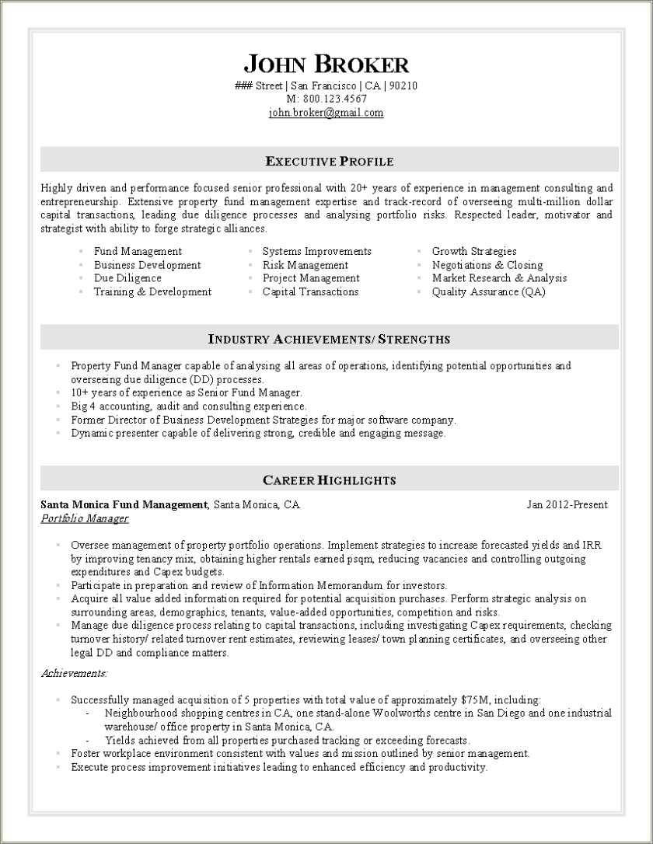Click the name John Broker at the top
click(x=326, y=64)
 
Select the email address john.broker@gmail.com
click(x=326, y=113)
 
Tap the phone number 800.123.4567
click(x=335, y=99)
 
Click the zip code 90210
click(x=403, y=85)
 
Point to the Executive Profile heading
click(x=330, y=162)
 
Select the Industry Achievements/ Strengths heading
click(x=329, y=339)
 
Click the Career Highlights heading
click(x=329, y=480)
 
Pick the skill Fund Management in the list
click(x=138, y=251)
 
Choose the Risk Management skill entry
click(x=305, y=265)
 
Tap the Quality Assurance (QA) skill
click(x=488, y=292)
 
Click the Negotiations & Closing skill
click(x=487, y=265)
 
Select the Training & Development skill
click(x=152, y=292)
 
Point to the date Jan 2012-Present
click(x=567, y=505)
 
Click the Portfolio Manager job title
click(x=84, y=518)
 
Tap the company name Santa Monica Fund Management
click(x=124, y=505)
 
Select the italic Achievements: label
click(x=74, y=673)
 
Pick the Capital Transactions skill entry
click(x=310, y=292)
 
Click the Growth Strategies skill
click(x=473, y=251)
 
